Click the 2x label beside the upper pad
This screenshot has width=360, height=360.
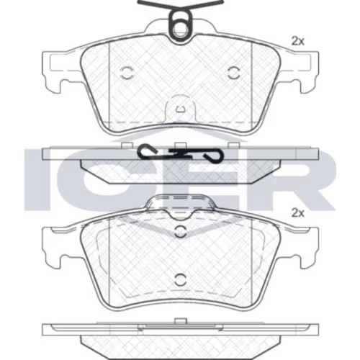(297, 41)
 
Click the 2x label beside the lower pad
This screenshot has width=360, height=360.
(297, 213)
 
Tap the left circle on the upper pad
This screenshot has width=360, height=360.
(127, 73)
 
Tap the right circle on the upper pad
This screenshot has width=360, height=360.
(233, 73)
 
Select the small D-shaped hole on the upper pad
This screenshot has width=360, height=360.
(180, 109)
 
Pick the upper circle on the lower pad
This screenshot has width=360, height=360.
(180, 231)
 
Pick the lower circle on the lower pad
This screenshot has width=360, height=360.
(180, 279)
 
